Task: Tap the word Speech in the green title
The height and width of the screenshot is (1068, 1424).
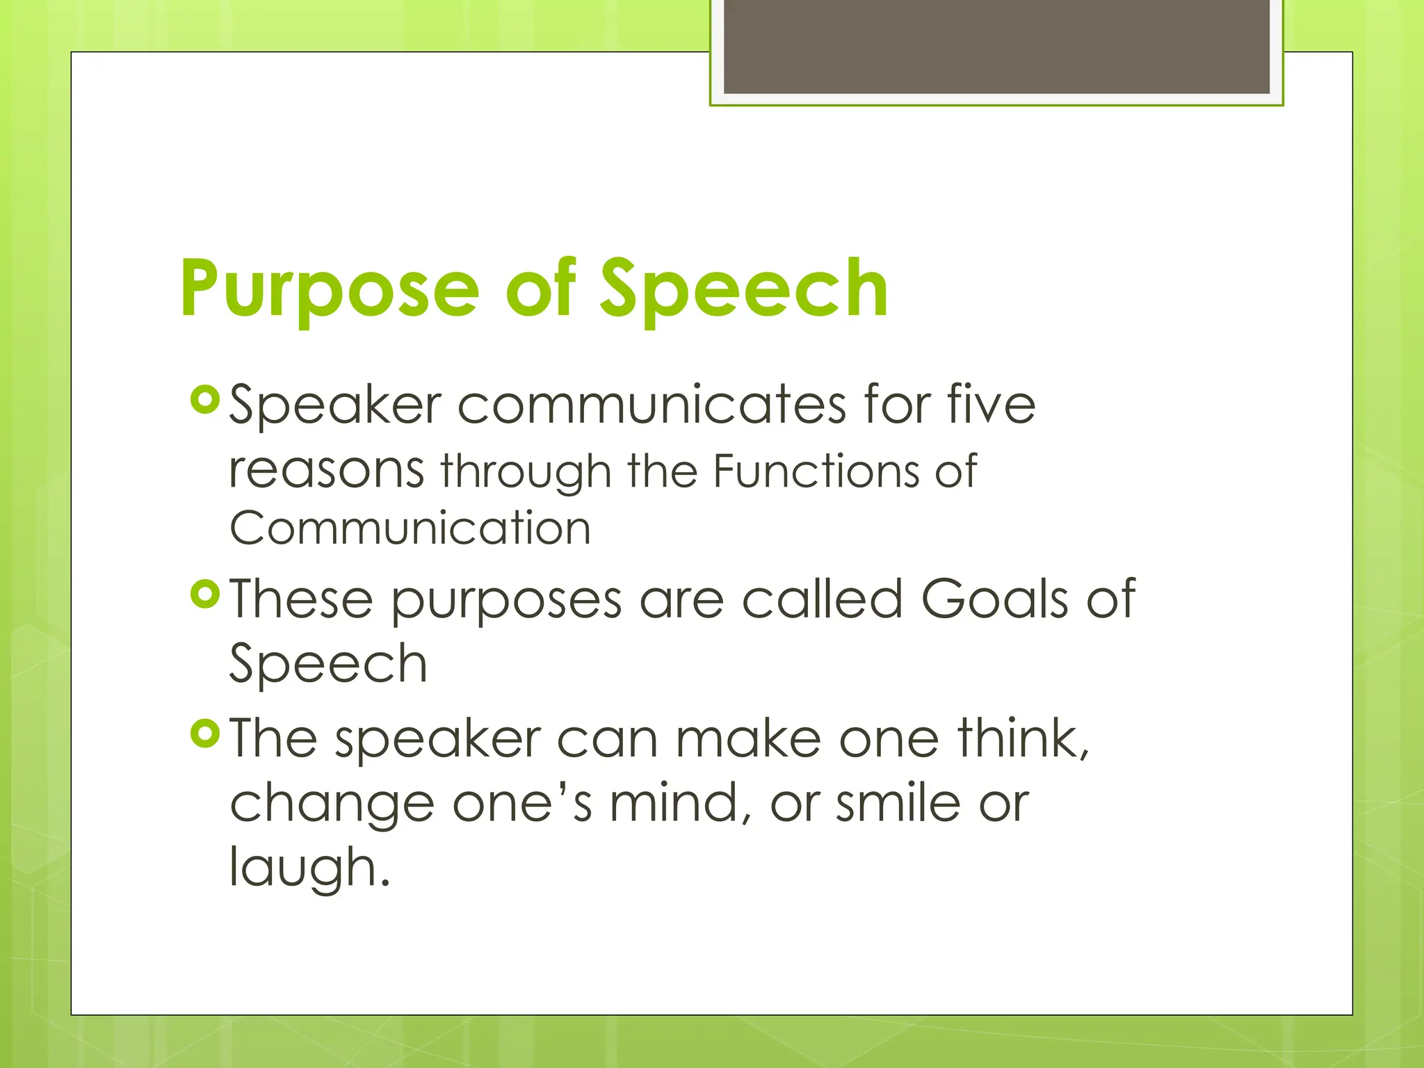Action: pyautogui.click(x=743, y=289)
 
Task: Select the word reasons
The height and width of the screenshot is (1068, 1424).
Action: pyautogui.click(x=326, y=470)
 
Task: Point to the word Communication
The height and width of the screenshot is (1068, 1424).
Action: pyautogui.click(x=410, y=528)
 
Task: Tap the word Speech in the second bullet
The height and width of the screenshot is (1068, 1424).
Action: pyautogui.click(x=328, y=665)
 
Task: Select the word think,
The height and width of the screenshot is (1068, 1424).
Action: pyautogui.click(x=1023, y=738)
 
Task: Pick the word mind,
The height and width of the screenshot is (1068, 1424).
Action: pyautogui.click(x=681, y=804)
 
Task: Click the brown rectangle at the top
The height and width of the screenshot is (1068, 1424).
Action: pyautogui.click(x=996, y=47)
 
